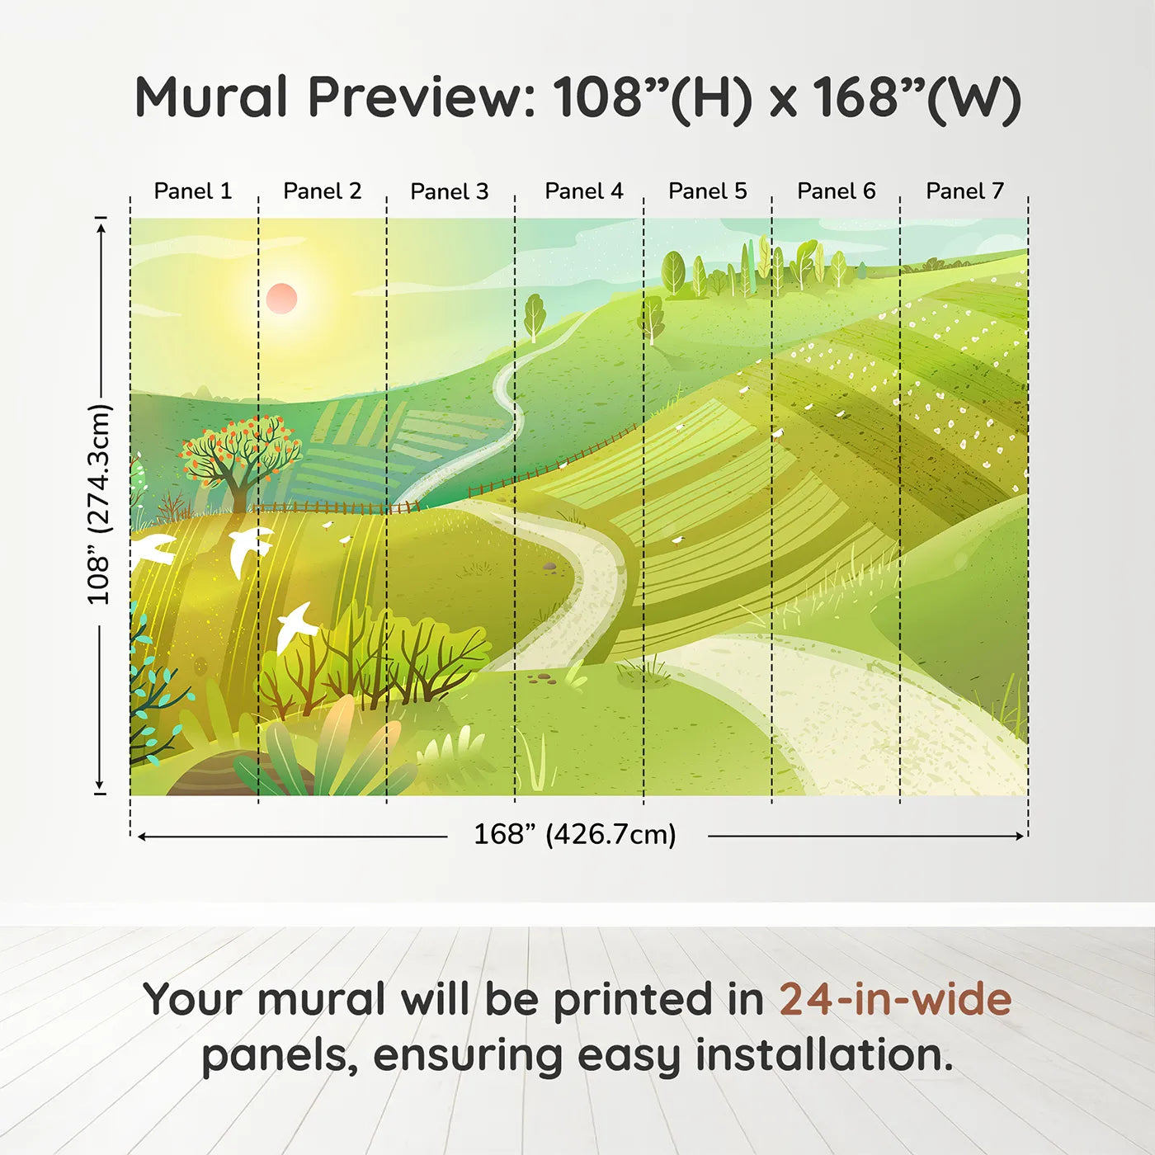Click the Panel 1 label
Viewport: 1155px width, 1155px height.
(192, 191)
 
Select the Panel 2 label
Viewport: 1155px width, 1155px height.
(322, 191)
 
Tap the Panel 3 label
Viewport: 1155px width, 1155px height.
(450, 191)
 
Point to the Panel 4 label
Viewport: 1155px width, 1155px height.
(584, 191)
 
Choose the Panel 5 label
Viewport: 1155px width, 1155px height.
(708, 191)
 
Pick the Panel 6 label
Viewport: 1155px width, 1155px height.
(836, 191)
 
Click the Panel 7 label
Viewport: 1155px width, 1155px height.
(964, 191)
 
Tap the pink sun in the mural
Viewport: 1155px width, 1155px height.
(281, 299)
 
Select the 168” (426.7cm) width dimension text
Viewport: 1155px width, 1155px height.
(575, 834)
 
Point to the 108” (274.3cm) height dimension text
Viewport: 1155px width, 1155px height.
(100, 505)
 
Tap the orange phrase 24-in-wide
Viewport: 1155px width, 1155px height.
(895, 999)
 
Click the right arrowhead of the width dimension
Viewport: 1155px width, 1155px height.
(1020, 836)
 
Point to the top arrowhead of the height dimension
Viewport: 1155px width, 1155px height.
(101, 229)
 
